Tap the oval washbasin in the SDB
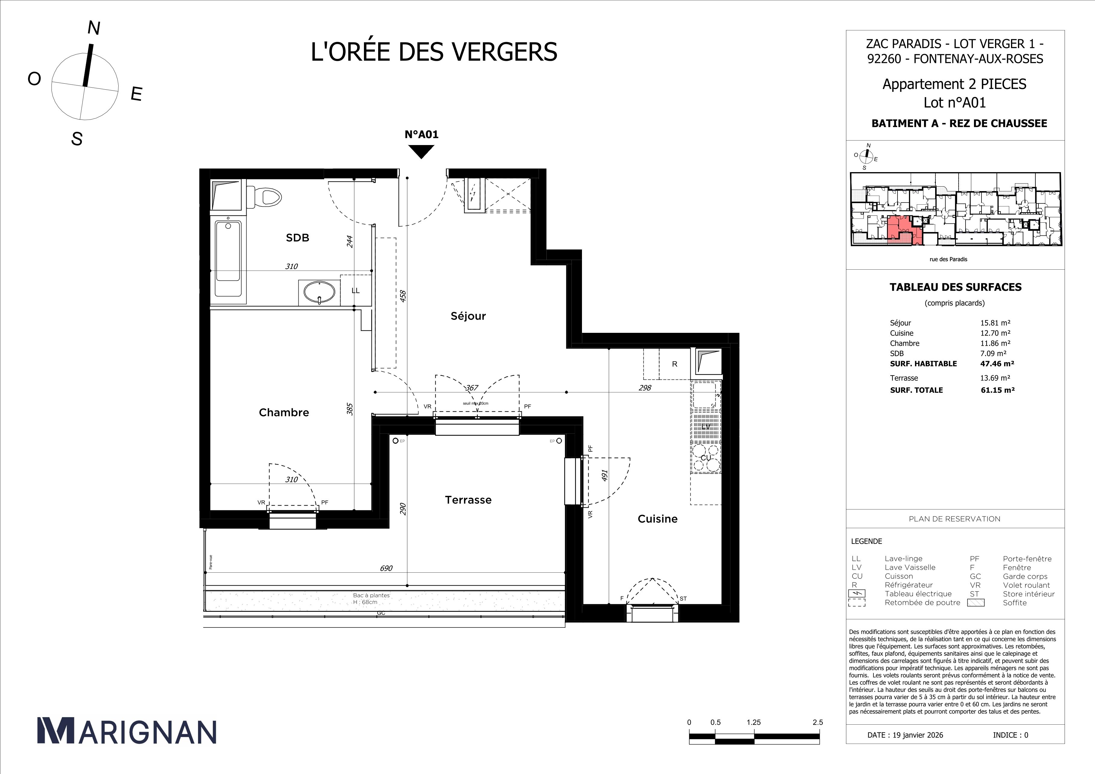click(x=319, y=292)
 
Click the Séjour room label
click(x=468, y=316)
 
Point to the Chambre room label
click(x=284, y=413)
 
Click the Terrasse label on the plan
click(x=468, y=500)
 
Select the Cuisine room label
click(x=657, y=519)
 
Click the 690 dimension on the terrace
click(x=386, y=568)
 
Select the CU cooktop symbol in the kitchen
click(x=706, y=458)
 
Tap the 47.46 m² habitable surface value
click(x=997, y=364)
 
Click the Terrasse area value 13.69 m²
click(x=995, y=378)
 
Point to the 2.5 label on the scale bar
click(x=817, y=722)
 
